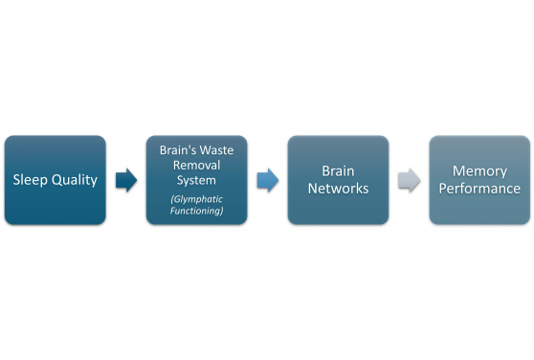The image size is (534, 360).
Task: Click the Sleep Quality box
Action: (55, 180)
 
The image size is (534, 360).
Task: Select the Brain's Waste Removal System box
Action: (196, 180)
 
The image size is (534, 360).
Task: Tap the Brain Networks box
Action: (338, 180)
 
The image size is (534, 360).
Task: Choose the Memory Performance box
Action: (478, 180)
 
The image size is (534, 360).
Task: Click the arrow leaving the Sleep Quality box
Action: (126, 180)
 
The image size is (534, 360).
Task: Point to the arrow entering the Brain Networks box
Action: (268, 180)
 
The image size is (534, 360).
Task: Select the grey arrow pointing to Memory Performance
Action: (409, 180)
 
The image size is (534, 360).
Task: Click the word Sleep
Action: (31, 180)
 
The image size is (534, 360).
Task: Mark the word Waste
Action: (221, 151)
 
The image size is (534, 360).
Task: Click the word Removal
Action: (196, 166)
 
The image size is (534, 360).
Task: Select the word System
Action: (196, 180)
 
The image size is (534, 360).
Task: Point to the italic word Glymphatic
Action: (196, 198)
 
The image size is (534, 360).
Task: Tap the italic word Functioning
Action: (196, 211)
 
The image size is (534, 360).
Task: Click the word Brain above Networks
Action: (338, 171)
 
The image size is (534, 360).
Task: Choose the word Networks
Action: (338, 189)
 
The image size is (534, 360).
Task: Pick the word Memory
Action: (479, 171)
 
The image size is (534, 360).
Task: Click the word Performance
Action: (479, 189)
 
